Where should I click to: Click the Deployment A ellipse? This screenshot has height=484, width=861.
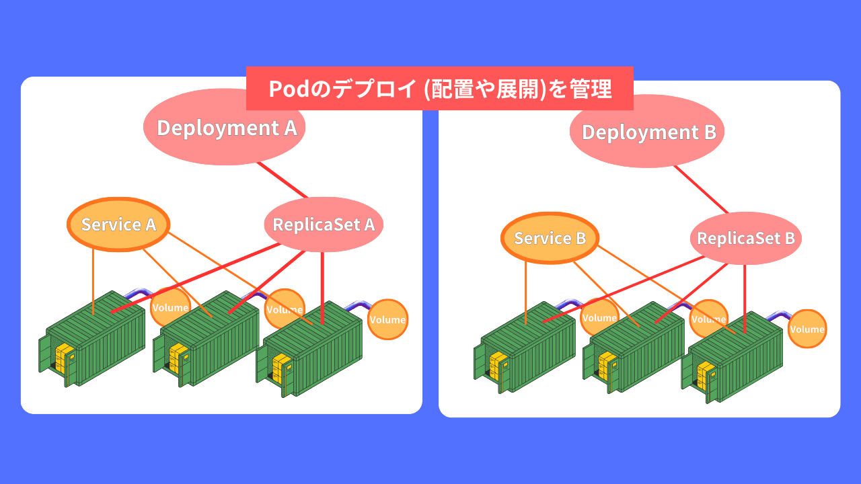point(225,128)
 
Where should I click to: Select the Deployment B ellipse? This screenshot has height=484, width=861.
point(647,132)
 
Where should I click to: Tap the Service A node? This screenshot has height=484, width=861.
point(118,224)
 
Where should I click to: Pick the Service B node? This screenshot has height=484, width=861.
point(550,238)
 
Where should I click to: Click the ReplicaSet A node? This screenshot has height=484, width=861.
point(324,225)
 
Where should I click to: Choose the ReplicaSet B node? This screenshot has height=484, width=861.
point(745,238)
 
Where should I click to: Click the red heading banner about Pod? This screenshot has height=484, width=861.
point(439,88)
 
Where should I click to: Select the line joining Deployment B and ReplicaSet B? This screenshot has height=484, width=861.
point(702,190)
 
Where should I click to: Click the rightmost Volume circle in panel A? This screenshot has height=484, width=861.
point(387,319)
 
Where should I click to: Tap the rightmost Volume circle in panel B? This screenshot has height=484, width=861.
point(807,329)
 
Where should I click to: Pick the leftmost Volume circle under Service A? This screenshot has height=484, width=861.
point(170,308)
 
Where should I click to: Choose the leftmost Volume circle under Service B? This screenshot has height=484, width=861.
point(599,317)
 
